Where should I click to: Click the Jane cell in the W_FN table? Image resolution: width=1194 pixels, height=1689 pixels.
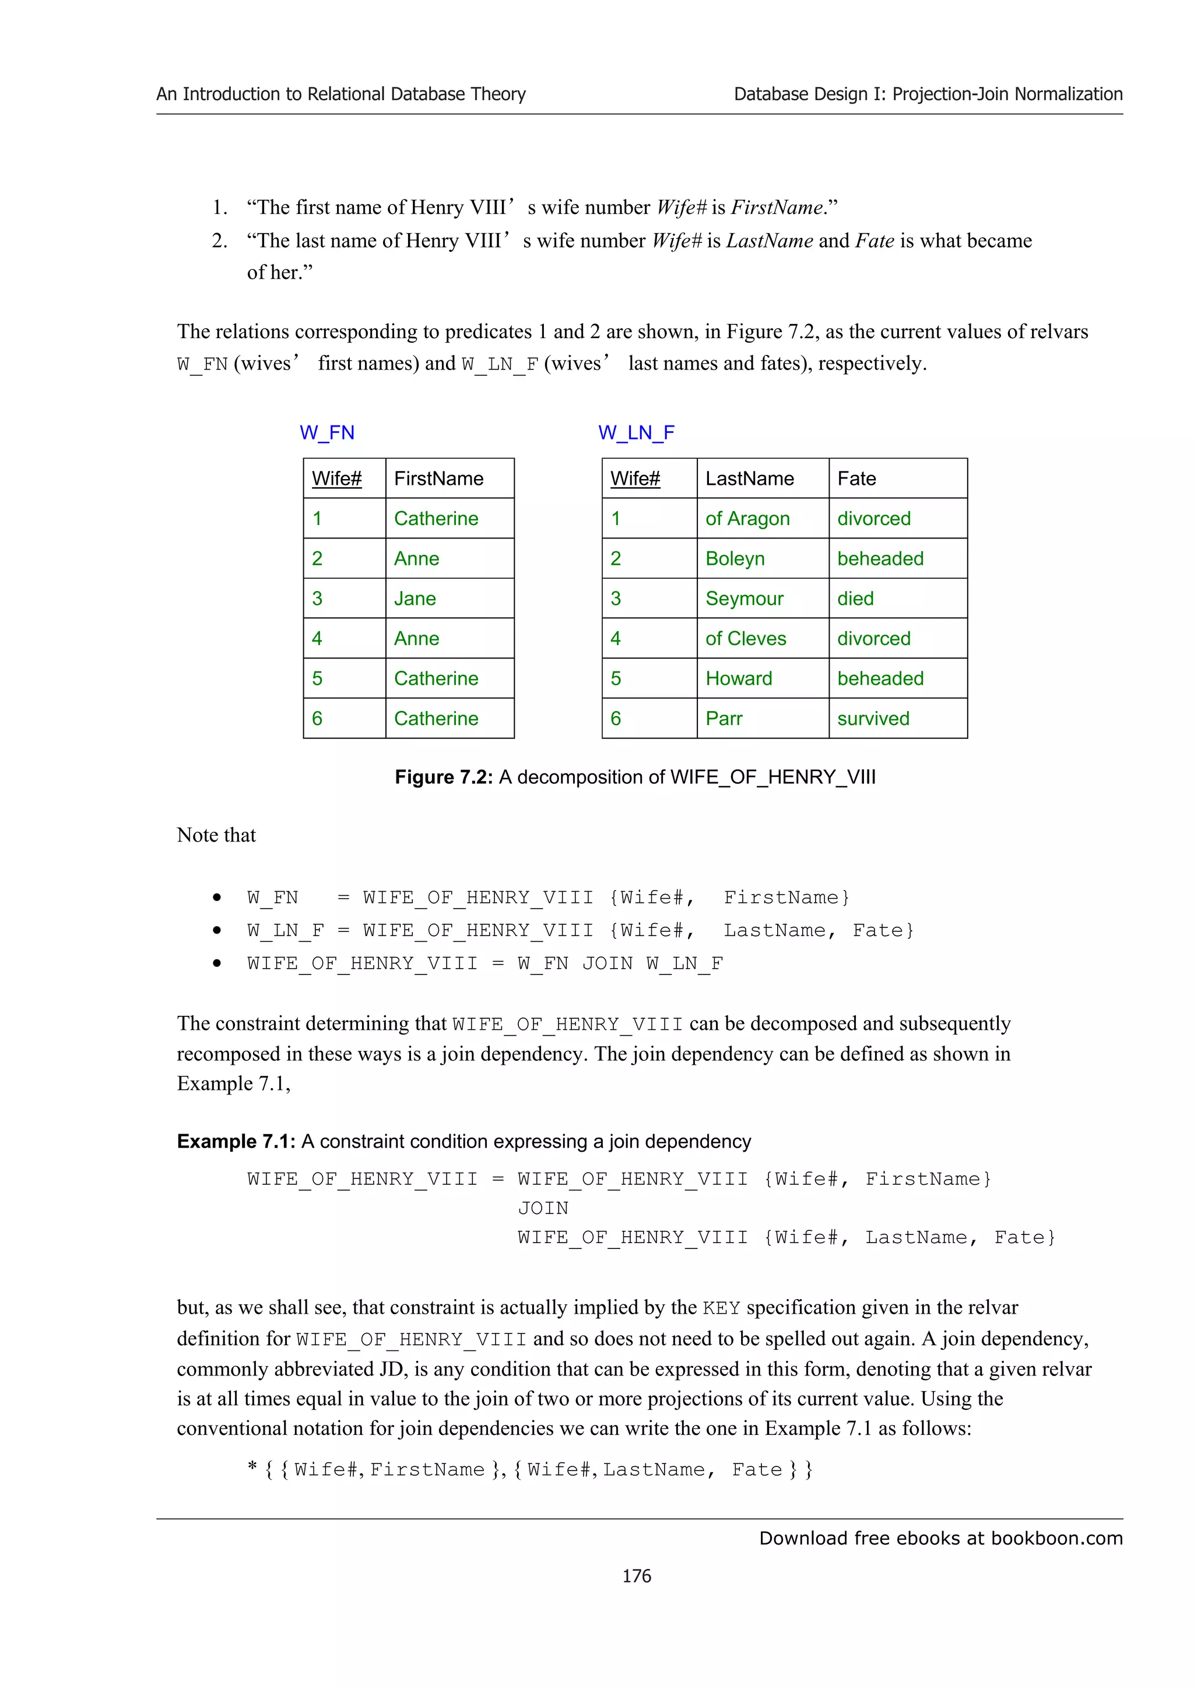(x=415, y=599)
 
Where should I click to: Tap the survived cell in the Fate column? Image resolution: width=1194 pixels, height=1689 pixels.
(x=873, y=719)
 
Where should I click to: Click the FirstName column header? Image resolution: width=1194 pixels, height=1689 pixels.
(x=438, y=479)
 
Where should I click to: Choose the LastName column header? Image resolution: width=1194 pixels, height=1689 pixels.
(x=749, y=479)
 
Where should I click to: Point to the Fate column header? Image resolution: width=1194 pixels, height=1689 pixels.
(x=856, y=479)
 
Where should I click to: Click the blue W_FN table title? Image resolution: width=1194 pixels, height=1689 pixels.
(x=326, y=432)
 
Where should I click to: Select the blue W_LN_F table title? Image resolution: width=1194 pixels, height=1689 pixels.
(x=635, y=432)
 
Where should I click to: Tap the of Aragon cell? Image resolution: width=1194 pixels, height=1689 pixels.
(x=747, y=519)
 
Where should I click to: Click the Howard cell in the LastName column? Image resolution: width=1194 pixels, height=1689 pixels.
(x=738, y=679)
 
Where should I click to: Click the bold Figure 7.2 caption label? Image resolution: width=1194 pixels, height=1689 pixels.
(x=443, y=777)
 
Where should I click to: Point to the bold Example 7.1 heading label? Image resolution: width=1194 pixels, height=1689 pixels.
(x=236, y=1142)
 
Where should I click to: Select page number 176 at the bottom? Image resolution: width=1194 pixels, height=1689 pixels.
(x=637, y=1576)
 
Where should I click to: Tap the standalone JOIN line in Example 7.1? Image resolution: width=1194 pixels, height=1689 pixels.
(x=543, y=1209)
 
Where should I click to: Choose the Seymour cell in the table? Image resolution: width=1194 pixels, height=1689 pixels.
(x=744, y=599)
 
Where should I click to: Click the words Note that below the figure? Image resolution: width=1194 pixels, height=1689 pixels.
(x=216, y=836)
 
